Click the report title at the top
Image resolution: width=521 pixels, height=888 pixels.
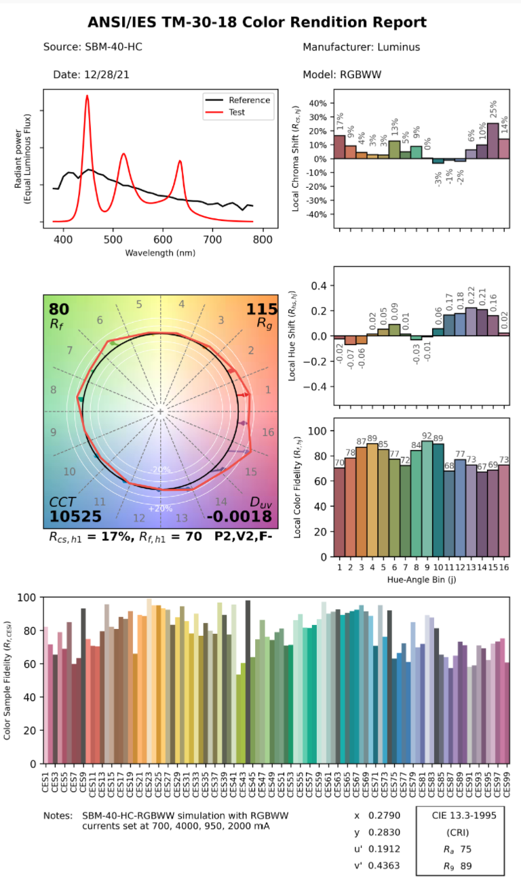tap(257, 22)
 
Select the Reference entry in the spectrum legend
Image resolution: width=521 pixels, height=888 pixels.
tap(249, 100)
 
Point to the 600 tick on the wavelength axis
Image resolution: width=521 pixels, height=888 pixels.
tap(163, 239)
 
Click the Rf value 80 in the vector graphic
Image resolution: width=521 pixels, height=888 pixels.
tap(59, 310)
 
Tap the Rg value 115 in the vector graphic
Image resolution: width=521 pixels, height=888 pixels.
tap(261, 310)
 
